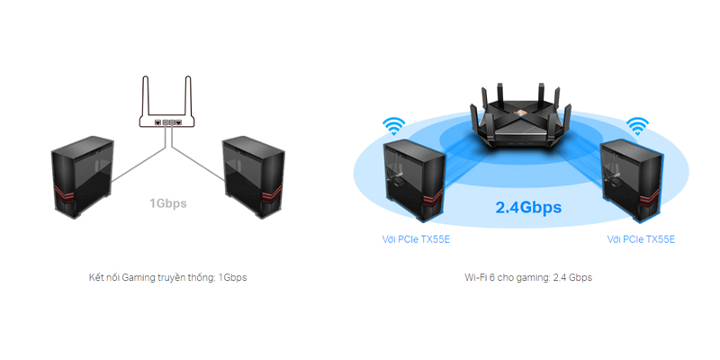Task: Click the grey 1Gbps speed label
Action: [168, 203]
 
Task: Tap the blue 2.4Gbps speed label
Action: [528, 208]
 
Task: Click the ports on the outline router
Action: [167, 121]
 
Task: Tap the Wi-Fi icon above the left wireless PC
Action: [393, 125]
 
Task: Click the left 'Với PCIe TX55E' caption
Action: [416, 239]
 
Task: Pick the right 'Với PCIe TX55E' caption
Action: [641, 239]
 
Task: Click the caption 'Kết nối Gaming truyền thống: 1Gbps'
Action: [168, 277]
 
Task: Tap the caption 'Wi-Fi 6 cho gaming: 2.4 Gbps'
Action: [527, 277]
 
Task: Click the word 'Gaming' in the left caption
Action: [133, 277]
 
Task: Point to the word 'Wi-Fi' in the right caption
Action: [476, 277]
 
